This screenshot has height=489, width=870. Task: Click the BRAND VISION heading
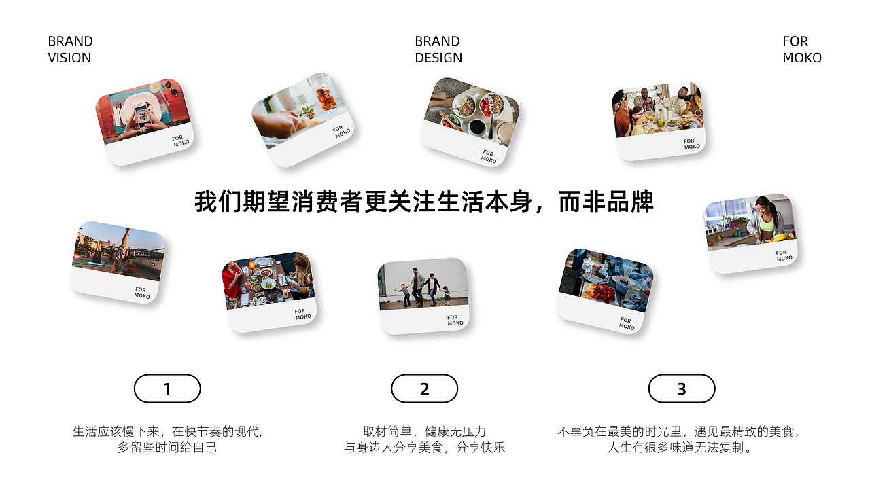(x=70, y=50)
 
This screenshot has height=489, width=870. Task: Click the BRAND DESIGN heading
(x=438, y=50)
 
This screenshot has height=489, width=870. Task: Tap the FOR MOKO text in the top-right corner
(x=802, y=50)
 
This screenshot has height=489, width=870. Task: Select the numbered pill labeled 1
(x=167, y=388)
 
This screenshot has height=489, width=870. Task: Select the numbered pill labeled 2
(x=425, y=388)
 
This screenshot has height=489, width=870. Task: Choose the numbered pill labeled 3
(x=682, y=388)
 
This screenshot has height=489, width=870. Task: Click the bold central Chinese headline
(x=424, y=202)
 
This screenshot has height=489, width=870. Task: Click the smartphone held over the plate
(x=142, y=115)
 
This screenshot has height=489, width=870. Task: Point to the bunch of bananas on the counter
(x=782, y=237)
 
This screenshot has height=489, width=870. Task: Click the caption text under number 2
(x=425, y=439)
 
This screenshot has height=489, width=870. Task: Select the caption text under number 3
(x=679, y=439)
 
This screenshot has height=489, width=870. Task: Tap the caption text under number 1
(x=167, y=439)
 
